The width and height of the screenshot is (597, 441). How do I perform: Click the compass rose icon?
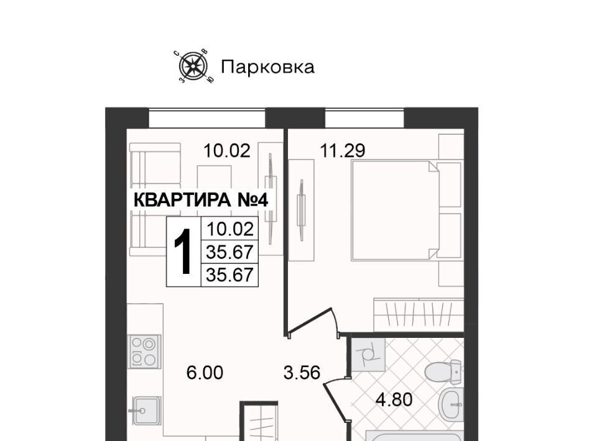(x=193, y=67)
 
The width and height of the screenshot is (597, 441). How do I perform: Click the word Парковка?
(x=267, y=67)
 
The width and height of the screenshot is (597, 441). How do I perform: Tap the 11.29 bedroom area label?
(x=343, y=150)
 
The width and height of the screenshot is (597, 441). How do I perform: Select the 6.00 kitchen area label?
(x=205, y=373)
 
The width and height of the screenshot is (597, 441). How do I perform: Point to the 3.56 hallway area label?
(x=302, y=373)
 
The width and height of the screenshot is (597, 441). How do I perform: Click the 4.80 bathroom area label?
(x=394, y=400)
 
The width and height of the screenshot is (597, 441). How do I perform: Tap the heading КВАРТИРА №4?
(x=201, y=201)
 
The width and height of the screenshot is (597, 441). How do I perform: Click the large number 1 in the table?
(x=182, y=251)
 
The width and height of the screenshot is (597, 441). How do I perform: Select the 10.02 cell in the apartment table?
(x=229, y=229)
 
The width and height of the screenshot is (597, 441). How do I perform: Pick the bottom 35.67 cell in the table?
(x=229, y=275)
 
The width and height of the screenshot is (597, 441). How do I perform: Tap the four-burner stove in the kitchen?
(x=144, y=352)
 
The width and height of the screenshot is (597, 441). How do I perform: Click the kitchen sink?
(x=145, y=410)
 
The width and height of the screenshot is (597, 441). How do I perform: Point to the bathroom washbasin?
(x=451, y=404)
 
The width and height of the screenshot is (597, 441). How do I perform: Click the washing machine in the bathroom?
(x=368, y=355)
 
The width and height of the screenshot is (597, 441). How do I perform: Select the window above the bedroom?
(x=364, y=118)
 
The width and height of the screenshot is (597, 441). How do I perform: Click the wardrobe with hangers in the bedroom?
(x=419, y=315)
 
